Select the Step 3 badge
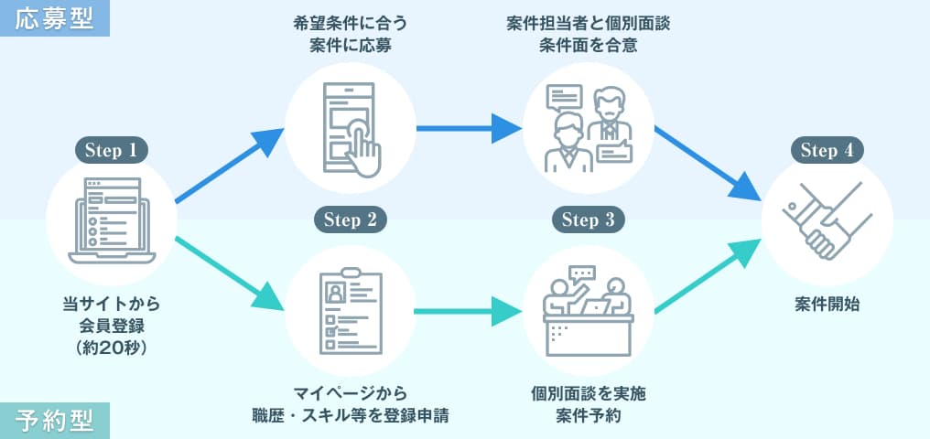point(588,219)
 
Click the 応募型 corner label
point(55,18)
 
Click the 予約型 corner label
point(55,421)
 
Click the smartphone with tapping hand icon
point(351,128)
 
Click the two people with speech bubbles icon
point(588,128)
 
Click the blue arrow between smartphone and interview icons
point(468,128)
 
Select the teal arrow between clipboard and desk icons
point(468,311)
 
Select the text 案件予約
point(588,415)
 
